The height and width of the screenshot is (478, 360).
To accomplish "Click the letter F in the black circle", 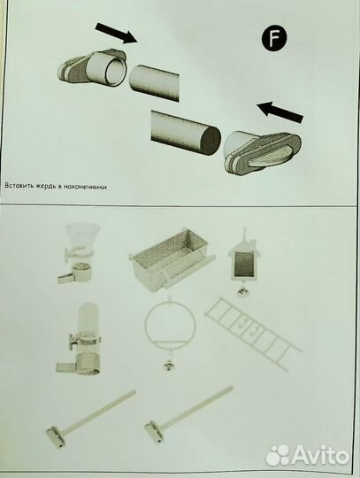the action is [274, 39].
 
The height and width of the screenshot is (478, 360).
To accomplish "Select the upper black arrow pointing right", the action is [117, 33].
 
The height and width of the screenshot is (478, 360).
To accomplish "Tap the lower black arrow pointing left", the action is [280, 113].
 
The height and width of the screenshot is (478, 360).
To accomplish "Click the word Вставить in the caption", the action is [16, 186].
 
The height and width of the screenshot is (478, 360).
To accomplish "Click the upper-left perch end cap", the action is [92, 69].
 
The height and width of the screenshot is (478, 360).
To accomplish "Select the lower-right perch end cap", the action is [262, 151].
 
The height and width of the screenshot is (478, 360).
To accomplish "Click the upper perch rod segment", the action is [154, 82].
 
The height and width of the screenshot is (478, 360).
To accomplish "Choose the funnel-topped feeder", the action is [80, 254].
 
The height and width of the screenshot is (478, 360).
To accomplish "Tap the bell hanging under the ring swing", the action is [168, 365].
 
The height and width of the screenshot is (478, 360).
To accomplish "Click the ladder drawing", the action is [253, 334].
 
